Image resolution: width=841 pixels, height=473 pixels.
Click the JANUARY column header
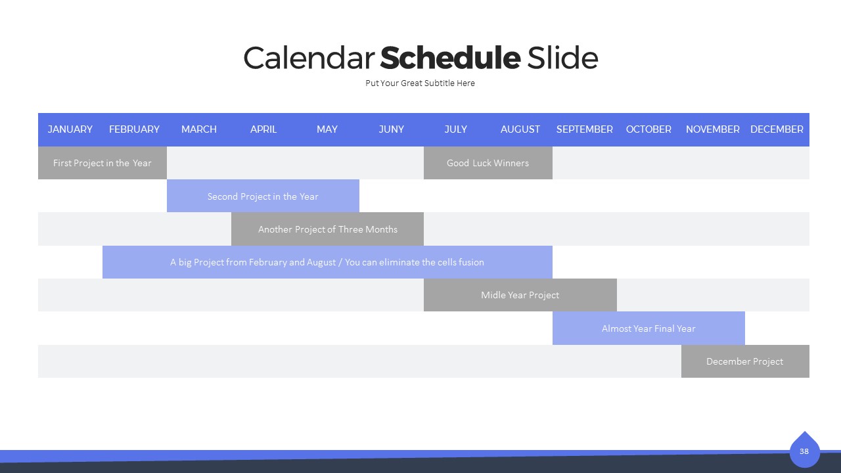[70, 129]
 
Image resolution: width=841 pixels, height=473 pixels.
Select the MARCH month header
[199, 129]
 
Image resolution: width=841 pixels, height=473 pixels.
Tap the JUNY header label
[391, 129]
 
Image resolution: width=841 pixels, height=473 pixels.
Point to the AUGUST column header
[520, 129]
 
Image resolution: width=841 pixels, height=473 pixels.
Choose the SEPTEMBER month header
[585, 129]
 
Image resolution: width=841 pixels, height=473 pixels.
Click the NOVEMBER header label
[713, 129]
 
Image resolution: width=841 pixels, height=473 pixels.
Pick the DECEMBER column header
[777, 129]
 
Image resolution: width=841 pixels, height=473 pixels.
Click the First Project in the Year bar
[102, 163]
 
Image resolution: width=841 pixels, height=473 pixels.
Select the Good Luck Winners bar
[488, 163]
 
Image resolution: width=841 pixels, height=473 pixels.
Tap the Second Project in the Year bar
[263, 196]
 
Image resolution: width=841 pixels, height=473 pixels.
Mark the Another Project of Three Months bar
[327, 229]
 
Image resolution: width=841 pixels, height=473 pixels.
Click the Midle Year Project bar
[520, 295]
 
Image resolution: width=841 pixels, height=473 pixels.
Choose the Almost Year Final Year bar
[648, 328]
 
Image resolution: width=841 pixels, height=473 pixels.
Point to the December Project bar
[745, 361]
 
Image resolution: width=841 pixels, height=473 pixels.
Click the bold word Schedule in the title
[450, 58]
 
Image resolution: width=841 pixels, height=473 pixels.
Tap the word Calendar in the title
[309, 58]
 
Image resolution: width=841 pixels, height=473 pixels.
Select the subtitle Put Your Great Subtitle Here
[420, 83]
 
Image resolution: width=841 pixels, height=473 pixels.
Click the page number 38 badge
[804, 451]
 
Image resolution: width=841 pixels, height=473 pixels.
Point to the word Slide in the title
[562, 58]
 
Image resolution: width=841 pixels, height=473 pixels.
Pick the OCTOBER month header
[648, 129]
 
